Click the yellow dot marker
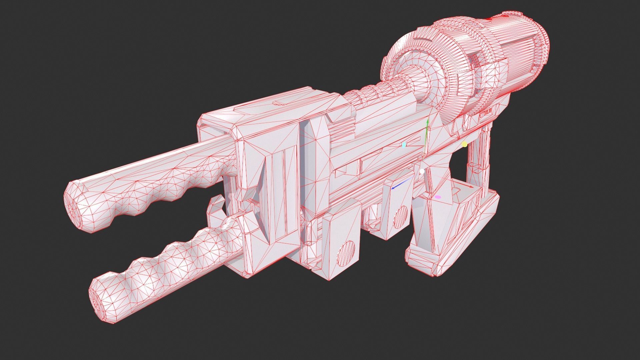464,144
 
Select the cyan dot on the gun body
404,145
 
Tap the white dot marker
422,171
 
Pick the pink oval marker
438,197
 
